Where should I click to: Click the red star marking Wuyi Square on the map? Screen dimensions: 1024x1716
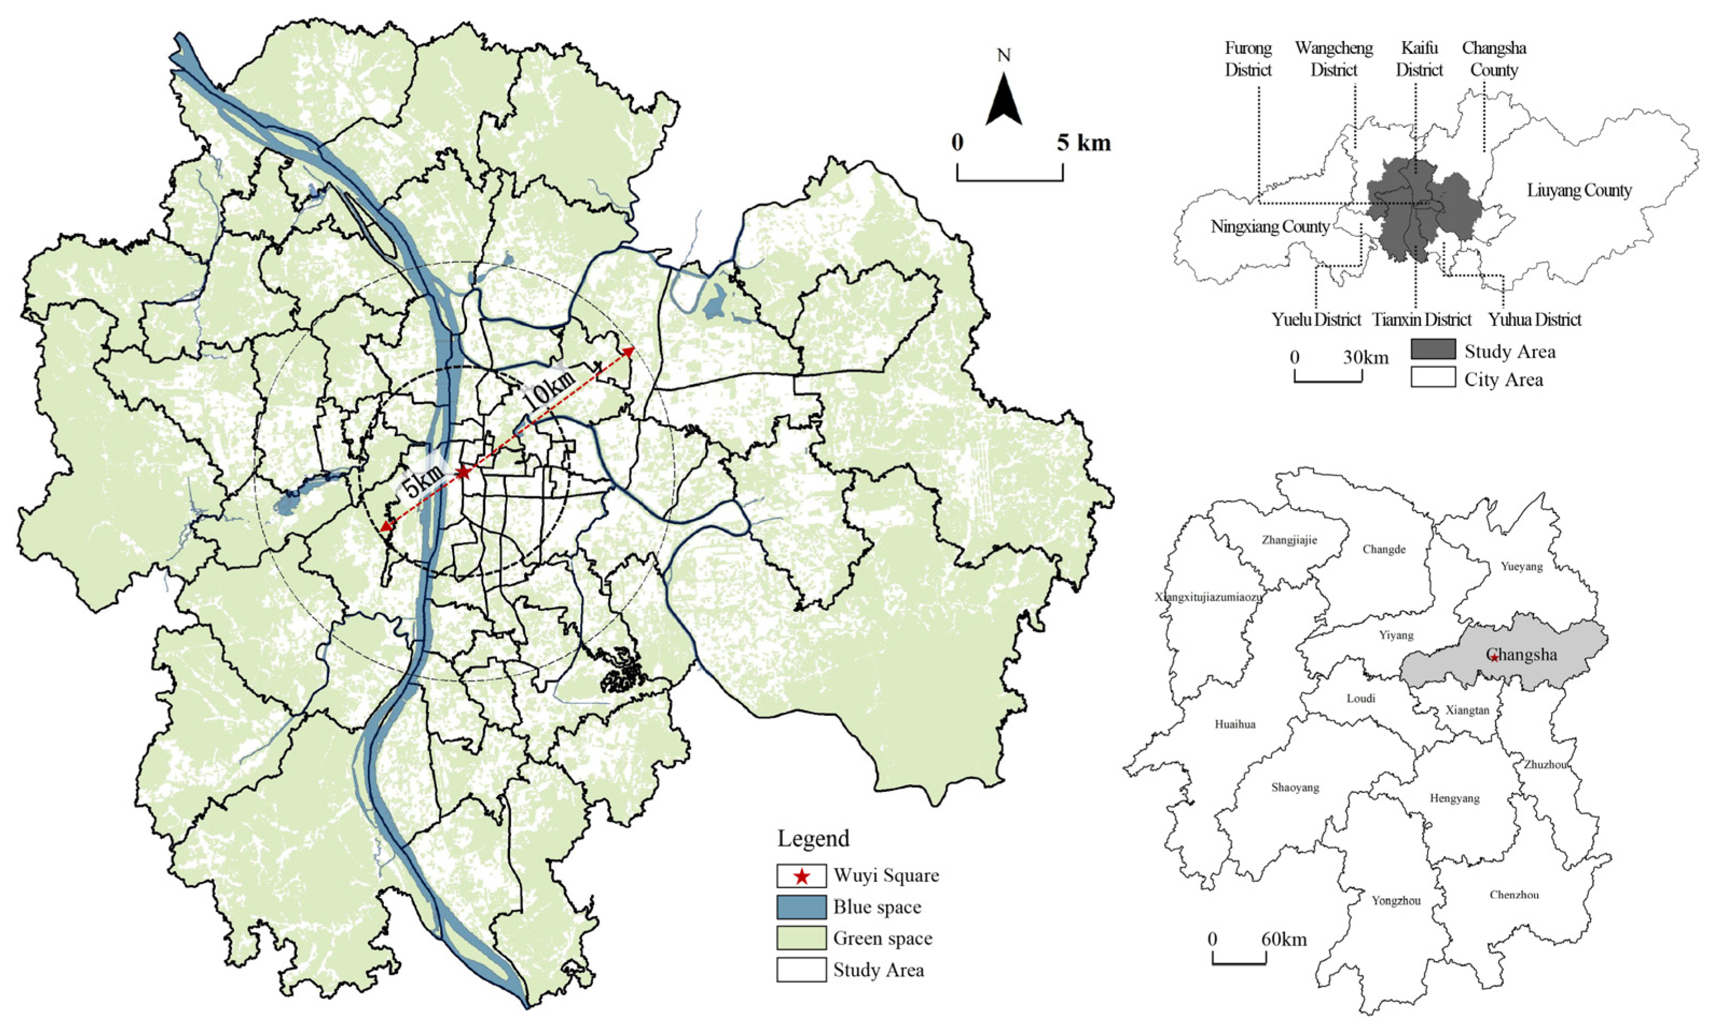point(464,472)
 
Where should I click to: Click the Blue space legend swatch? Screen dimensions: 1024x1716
point(801,907)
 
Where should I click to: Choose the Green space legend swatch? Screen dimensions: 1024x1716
point(801,938)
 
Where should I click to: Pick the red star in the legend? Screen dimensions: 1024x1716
point(801,876)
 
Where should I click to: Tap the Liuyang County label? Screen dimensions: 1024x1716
point(1579,191)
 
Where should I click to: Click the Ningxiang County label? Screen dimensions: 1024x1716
point(1269,227)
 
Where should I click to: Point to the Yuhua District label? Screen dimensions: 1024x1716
point(1534,320)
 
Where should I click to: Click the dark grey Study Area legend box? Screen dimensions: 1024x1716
point(1432,350)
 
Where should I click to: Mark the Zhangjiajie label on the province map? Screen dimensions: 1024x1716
point(1289,540)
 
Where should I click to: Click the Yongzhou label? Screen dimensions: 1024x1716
point(1396,901)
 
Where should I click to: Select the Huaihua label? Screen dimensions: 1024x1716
point(1235,725)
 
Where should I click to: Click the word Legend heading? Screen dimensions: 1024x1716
point(813,839)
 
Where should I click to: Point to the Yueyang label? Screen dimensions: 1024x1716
point(1522,567)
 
